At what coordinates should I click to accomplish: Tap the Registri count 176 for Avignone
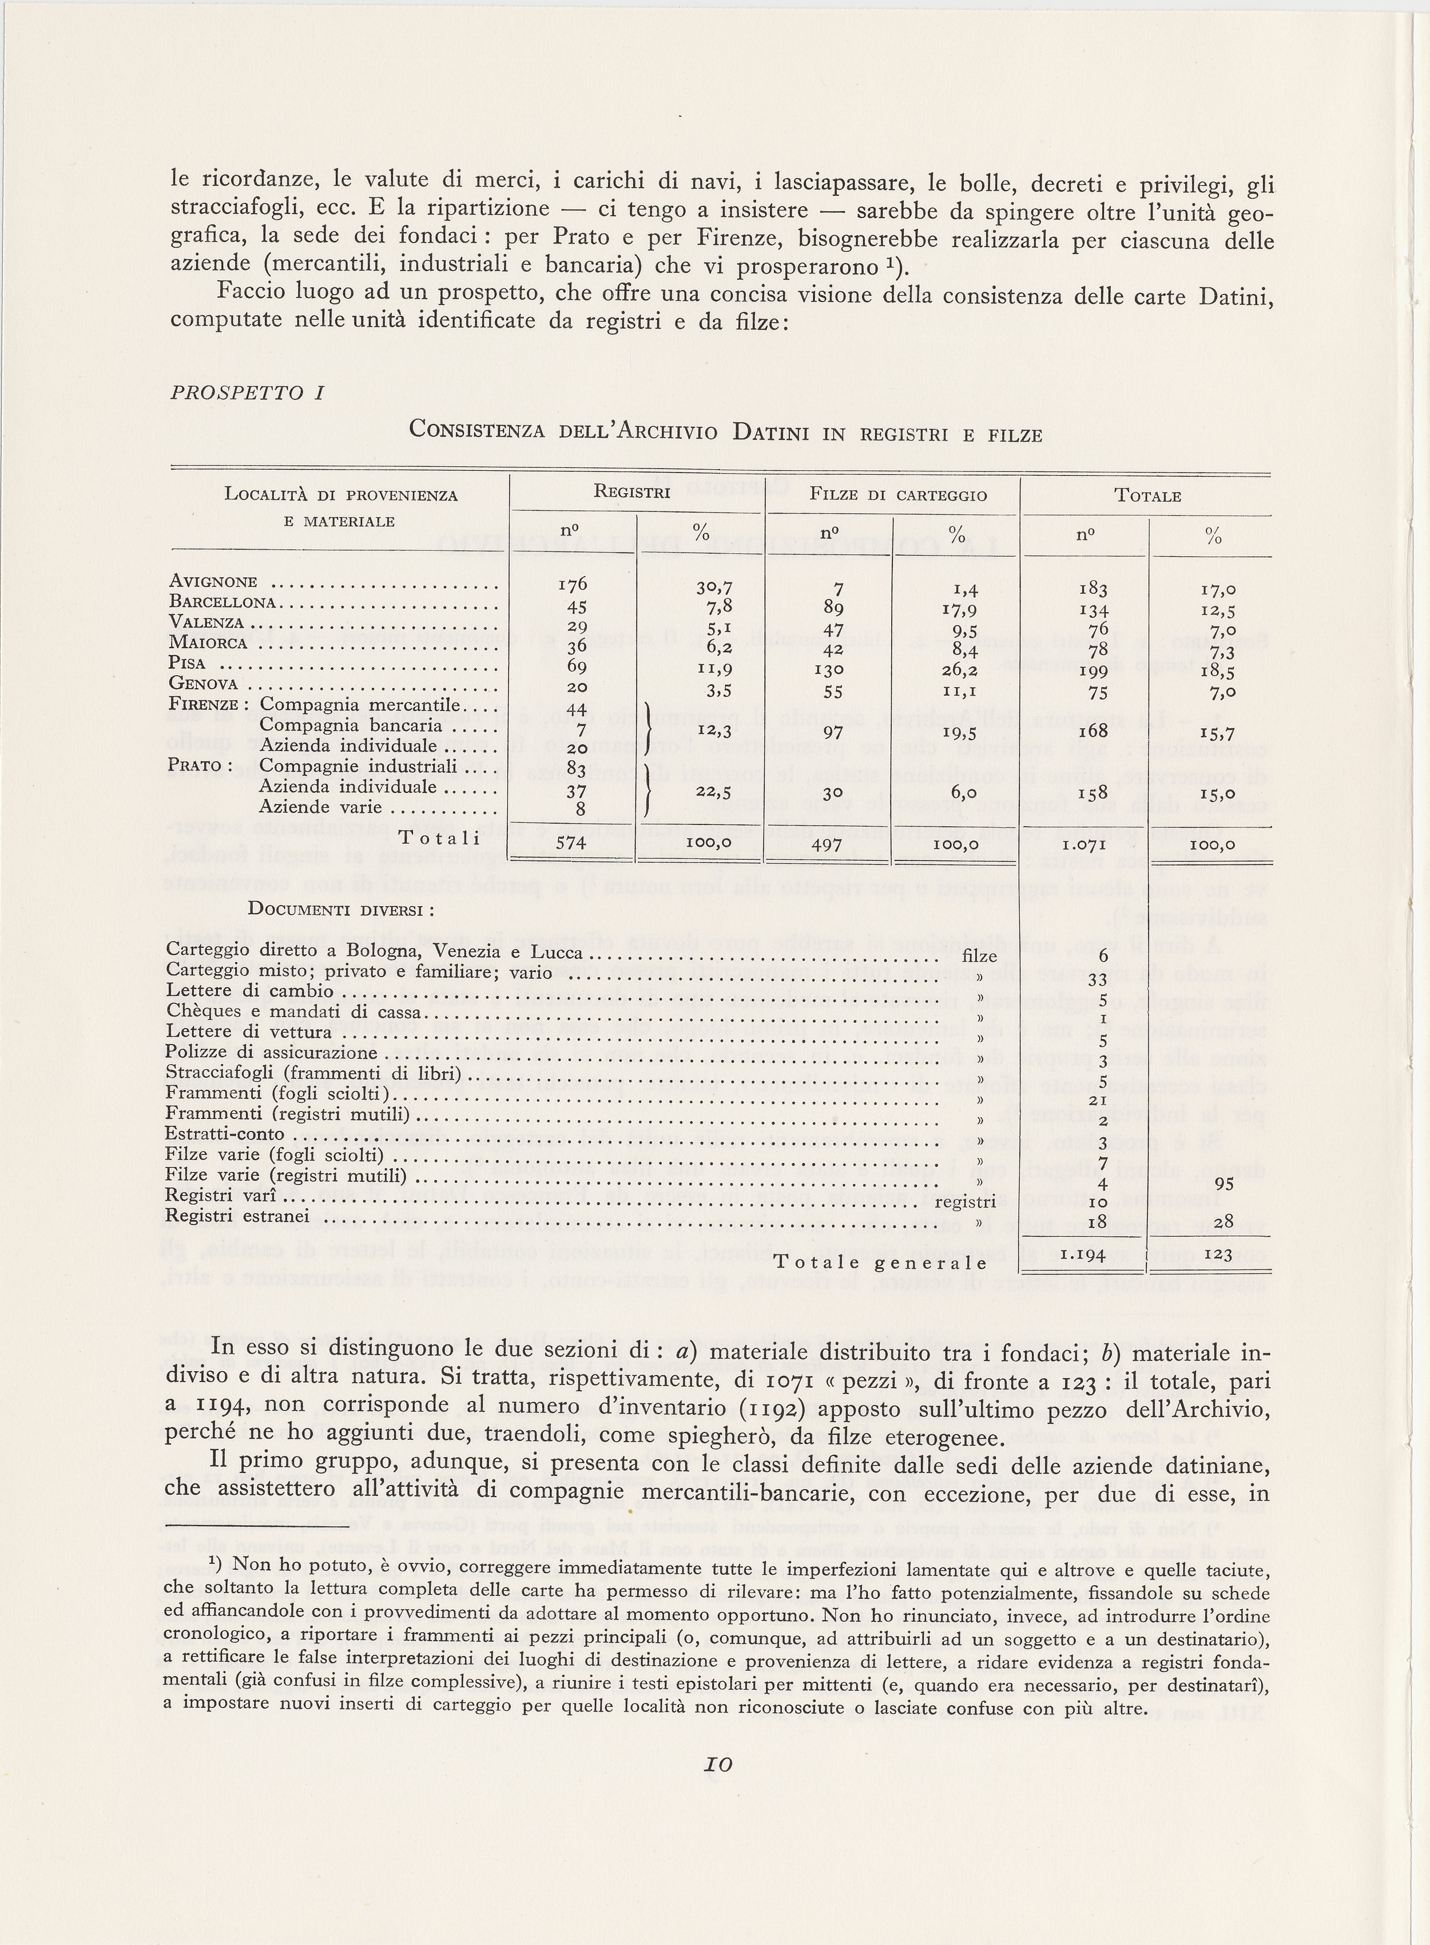[573, 584]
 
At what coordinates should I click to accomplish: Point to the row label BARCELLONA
[223, 602]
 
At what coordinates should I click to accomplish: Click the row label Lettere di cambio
[249, 990]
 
